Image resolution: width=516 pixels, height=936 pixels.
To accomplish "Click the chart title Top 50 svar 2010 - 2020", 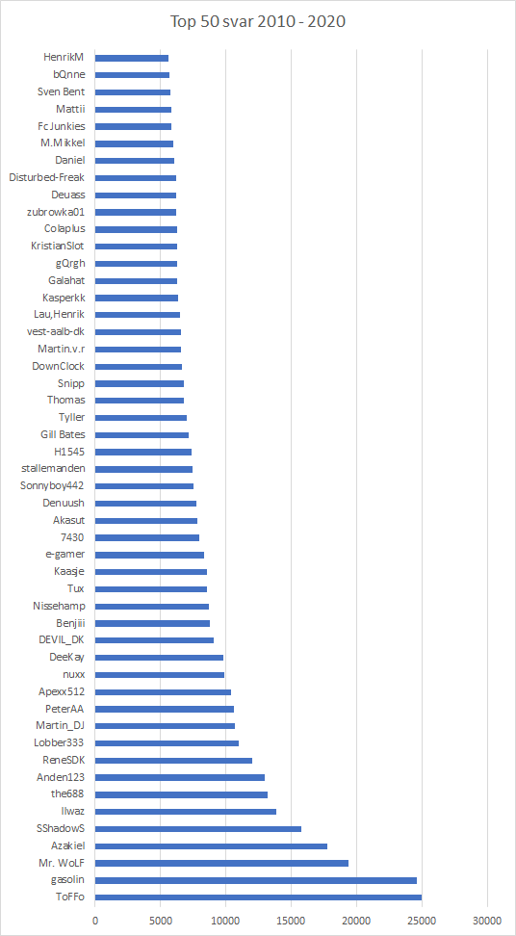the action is pyautogui.click(x=258, y=22).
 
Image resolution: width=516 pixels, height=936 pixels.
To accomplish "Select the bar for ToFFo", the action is pyautogui.click(x=258, y=897).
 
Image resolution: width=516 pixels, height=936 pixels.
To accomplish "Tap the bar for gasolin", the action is pyautogui.click(x=256, y=880).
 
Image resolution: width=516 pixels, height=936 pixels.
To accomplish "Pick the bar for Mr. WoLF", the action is pyautogui.click(x=222, y=863).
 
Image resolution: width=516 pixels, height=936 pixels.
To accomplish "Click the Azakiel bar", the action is pyautogui.click(x=211, y=845).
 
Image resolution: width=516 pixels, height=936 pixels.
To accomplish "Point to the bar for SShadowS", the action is pyautogui.click(x=198, y=828).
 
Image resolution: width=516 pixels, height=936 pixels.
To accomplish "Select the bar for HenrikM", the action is pyautogui.click(x=132, y=58).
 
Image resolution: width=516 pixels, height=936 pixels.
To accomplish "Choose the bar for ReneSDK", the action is pyautogui.click(x=173, y=760).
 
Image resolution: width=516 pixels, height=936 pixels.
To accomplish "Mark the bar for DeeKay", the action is pyautogui.click(x=159, y=657).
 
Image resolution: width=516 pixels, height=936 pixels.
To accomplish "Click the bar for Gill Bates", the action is pyautogui.click(x=142, y=434).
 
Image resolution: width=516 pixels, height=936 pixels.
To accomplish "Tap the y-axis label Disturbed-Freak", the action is pyautogui.click(x=47, y=177).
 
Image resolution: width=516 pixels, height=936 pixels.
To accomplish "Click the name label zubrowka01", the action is pyautogui.click(x=56, y=211).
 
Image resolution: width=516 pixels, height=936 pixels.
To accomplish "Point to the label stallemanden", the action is pyautogui.click(x=53, y=469).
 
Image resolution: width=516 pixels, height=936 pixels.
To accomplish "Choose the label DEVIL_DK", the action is pyautogui.click(x=61, y=640).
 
